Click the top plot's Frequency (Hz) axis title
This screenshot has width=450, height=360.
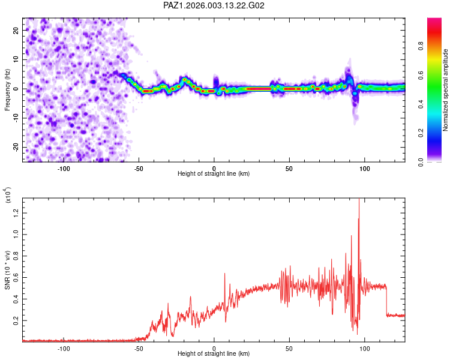7,90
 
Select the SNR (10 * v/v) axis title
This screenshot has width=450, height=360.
7,270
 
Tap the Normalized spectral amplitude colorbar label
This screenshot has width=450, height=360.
446,90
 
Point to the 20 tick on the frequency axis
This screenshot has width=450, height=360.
16,30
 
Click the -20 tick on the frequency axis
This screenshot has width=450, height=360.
16,148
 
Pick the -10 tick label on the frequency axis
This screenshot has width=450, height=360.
16,118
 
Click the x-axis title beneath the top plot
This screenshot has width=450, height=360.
214,174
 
